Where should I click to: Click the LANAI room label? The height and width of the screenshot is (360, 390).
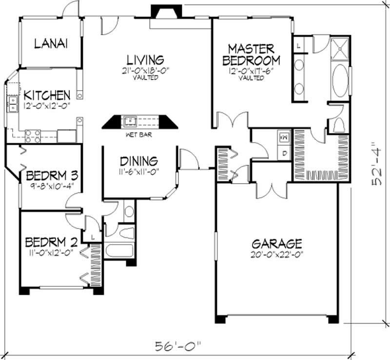[51, 43]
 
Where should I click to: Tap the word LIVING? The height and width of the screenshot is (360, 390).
[145, 60]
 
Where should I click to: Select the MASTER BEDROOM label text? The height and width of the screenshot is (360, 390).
[252, 55]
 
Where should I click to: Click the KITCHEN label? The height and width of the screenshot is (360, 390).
[47, 95]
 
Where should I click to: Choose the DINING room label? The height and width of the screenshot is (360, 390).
[139, 160]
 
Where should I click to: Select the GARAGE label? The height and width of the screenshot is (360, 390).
[277, 243]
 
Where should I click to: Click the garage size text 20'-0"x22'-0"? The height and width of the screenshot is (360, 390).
[277, 253]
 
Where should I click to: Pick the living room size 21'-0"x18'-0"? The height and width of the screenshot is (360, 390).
[145, 71]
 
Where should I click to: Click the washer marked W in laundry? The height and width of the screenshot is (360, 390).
[284, 137]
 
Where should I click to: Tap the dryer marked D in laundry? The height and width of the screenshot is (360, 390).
[284, 153]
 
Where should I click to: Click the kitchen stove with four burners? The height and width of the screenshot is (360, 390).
[33, 136]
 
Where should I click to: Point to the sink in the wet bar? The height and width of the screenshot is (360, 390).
[130, 120]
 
